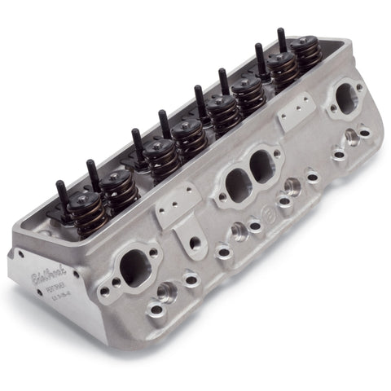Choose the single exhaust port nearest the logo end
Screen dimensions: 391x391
coord(132,266)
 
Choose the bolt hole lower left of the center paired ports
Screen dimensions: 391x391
coord(222,222)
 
